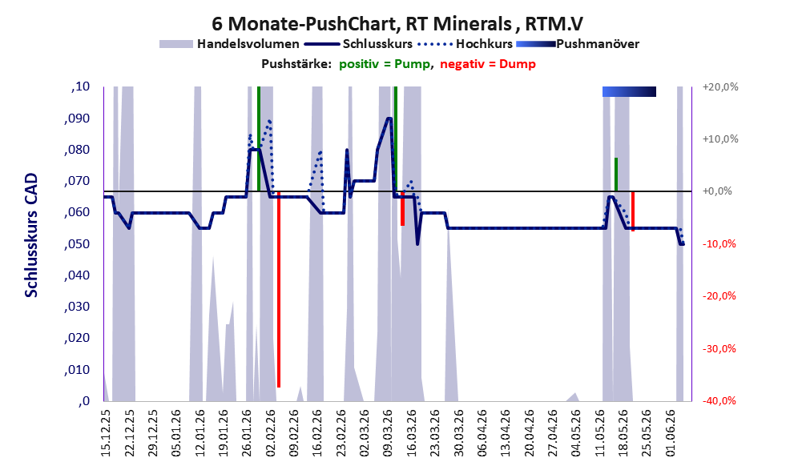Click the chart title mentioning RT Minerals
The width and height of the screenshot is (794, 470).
(x=397, y=23)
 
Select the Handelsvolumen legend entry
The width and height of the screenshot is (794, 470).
(x=229, y=44)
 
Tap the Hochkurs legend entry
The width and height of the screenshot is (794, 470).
(x=465, y=44)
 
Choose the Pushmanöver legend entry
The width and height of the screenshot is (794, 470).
(x=578, y=44)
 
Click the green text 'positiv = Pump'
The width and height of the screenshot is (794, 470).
(x=385, y=64)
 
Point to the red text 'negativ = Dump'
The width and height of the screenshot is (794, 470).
(x=488, y=64)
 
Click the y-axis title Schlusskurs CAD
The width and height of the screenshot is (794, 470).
(x=31, y=235)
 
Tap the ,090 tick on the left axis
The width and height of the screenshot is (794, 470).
(x=78, y=119)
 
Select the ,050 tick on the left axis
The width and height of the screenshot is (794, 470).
(x=78, y=244)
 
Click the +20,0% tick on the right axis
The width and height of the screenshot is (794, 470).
(x=720, y=87)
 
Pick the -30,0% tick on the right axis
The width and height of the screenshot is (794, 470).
(x=719, y=348)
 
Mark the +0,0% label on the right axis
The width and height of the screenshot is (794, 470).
(x=717, y=191)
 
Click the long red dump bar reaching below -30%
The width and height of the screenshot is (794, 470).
(x=279, y=289)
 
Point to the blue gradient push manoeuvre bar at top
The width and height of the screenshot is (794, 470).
(x=629, y=91)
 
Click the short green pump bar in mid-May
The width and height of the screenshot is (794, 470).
(x=616, y=175)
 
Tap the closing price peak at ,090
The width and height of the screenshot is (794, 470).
(x=389, y=119)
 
